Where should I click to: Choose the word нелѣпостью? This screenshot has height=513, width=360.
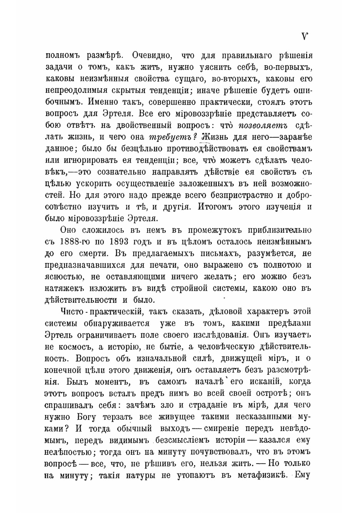point(69,452)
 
